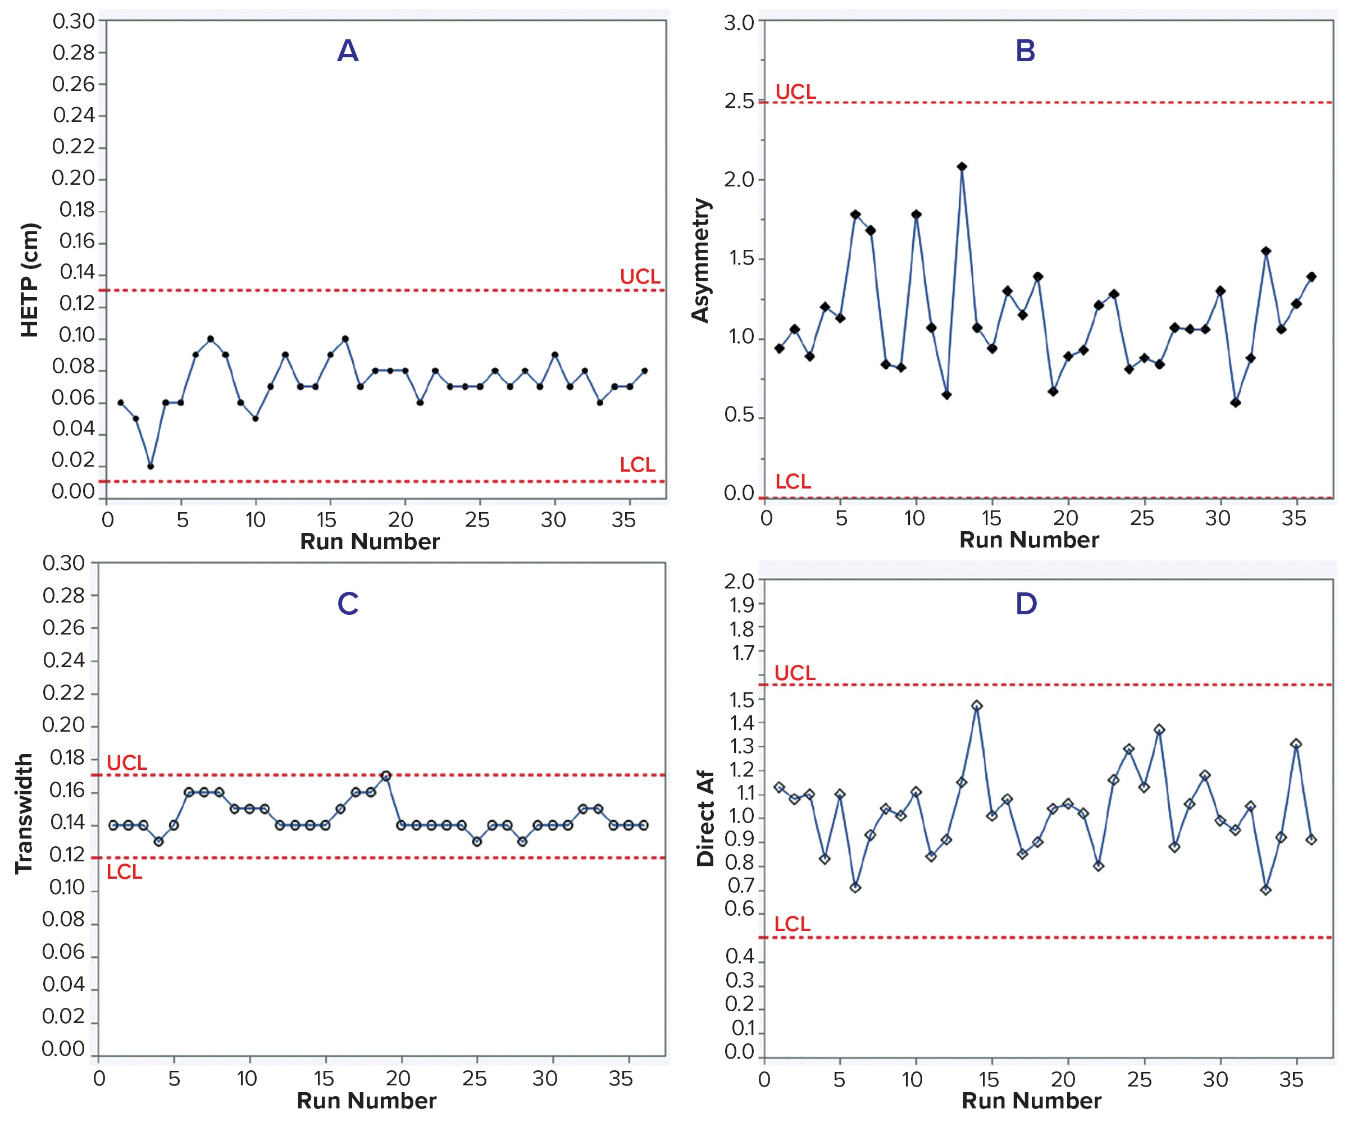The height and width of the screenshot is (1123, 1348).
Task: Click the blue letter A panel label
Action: click(347, 51)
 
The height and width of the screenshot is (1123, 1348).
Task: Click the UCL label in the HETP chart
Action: click(639, 277)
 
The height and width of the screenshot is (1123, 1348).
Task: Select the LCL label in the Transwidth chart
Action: click(124, 872)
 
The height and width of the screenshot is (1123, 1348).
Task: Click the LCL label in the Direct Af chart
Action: click(792, 924)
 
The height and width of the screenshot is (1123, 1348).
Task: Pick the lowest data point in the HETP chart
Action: click(150, 466)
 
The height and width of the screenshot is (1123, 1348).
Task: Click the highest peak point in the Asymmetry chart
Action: click(962, 167)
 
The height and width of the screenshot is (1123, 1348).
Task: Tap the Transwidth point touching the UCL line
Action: click(386, 776)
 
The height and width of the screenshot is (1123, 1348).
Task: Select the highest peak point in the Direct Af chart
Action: click(977, 706)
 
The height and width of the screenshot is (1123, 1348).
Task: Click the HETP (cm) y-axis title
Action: click(30, 280)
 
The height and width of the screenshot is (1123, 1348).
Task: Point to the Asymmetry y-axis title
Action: click(700, 260)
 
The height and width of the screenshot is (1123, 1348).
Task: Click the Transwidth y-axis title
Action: click(24, 814)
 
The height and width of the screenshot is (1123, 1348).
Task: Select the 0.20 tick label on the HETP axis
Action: click(73, 178)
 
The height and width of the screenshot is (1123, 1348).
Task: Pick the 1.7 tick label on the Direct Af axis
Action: click(743, 653)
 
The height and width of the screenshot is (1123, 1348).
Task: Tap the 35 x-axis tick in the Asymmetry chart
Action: click(1294, 518)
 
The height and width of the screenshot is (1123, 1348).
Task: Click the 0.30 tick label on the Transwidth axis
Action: click(63, 563)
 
